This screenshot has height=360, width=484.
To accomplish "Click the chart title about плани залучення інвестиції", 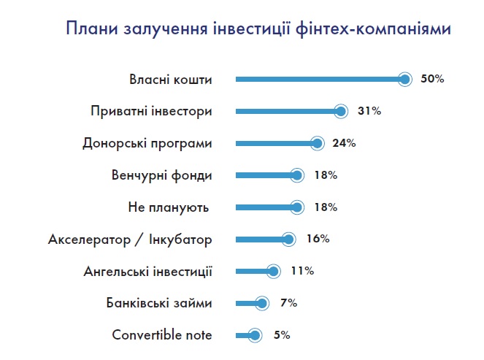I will pyautogui.click(x=257, y=29).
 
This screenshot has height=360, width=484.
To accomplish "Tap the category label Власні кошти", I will pyautogui.click(x=170, y=80).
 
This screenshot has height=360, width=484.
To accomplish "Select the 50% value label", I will pyautogui.click(x=432, y=79).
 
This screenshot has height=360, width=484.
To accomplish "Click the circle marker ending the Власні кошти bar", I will pyautogui.click(x=406, y=79).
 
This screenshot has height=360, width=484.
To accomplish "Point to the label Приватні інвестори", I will pyautogui.click(x=151, y=112).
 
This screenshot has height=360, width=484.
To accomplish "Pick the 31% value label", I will pyautogui.click(x=369, y=111).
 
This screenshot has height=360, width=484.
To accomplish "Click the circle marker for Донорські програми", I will pyautogui.click(x=317, y=143).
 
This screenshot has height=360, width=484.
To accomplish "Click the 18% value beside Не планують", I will pyautogui.click(x=325, y=207).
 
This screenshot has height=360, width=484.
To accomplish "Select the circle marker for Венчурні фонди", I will pyautogui.click(x=296, y=175).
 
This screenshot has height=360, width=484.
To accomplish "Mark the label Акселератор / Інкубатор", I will pyautogui.click(x=130, y=240).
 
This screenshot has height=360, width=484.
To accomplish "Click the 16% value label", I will pyautogui.click(x=318, y=239).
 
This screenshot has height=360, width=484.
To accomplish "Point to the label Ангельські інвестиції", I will pyautogui.click(x=148, y=272).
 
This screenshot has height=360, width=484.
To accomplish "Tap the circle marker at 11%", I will pyautogui.click(x=273, y=271).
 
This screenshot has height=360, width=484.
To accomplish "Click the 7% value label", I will pyautogui.click(x=288, y=303).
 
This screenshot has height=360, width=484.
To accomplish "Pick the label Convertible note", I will pyautogui.click(x=162, y=335).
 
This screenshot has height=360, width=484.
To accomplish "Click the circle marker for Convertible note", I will pyautogui.click(x=254, y=335).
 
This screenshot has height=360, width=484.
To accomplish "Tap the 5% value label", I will pyautogui.click(x=282, y=335).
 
